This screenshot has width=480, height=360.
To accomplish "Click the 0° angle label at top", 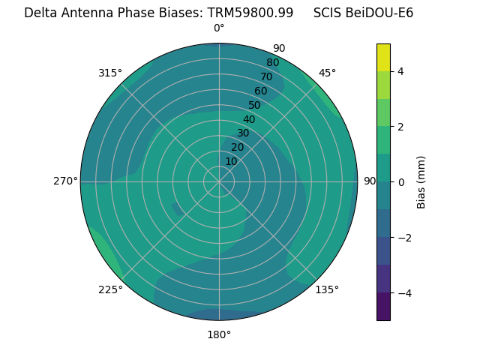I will [219, 28].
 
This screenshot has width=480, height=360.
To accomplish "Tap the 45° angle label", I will [327, 73].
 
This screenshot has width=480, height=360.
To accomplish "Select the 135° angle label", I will [327, 289].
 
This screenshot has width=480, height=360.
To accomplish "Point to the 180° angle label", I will [219, 334].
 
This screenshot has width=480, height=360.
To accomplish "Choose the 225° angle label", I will [110, 289].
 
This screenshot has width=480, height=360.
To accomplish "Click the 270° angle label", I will [66, 181].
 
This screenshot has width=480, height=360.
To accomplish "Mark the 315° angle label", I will [110, 73].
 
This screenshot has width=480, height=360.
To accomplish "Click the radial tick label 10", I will [231, 161].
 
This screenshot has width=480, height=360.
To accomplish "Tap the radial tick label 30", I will [243, 133].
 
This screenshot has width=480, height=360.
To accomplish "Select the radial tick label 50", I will [254, 106].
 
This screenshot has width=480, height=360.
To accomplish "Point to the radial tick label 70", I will [266, 77].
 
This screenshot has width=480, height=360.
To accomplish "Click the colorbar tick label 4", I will [400, 71].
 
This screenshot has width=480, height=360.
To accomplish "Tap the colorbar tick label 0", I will [400, 181].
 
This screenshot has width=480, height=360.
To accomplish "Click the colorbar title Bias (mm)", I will [421, 181].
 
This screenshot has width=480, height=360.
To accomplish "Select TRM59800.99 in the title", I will [256, 13].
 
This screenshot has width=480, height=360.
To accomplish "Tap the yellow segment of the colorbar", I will [383, 57].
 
